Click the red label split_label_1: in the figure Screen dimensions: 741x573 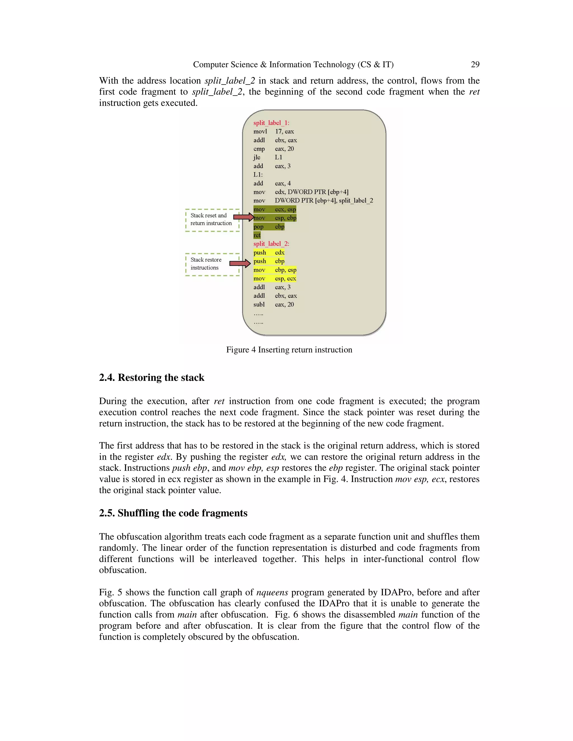click(271, 123)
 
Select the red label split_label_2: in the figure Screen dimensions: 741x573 click(271, 244)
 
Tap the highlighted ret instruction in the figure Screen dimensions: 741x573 click(257, 235)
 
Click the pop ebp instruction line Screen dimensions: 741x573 click(269, 227)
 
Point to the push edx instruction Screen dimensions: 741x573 click(269, 252)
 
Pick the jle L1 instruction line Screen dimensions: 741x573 click(267, 157)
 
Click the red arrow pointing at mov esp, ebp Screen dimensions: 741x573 click(243, 217)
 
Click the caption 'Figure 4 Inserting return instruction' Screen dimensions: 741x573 click(289, 350)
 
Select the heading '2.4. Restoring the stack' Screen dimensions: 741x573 click(151, 377)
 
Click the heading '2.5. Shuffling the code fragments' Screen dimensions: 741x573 click(173, 513)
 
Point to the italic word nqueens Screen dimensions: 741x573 click(272, 593)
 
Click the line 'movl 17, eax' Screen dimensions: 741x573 click(274, 131)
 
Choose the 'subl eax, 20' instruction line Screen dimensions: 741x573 click(274, 304)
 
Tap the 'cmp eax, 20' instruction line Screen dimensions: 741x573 click(274, 148)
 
